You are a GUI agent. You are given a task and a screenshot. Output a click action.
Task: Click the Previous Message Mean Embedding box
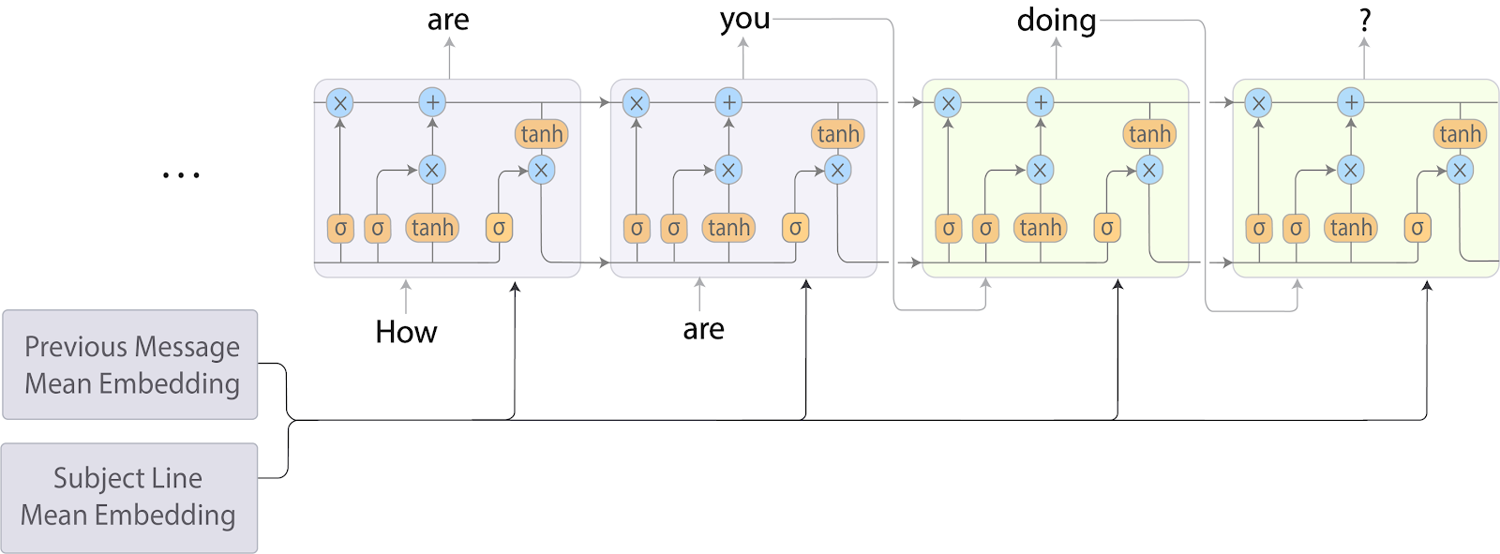click(130, 365)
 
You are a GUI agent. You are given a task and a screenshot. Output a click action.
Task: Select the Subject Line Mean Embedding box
click(128, 497)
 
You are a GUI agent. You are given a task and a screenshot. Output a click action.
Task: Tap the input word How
click(406, 332)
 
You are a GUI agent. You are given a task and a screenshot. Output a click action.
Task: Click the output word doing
click(1057, 20)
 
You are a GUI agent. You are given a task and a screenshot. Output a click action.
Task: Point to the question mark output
click(1365, 20)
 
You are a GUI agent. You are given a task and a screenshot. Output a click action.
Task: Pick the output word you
click(744, 20)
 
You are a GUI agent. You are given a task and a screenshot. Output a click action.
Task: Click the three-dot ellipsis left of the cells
click(181, 175)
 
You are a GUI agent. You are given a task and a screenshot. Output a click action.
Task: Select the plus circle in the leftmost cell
click(432, 102)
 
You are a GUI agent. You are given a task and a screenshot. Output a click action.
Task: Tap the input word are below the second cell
click(703, 329)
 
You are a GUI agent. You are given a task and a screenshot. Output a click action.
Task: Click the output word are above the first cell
click(448, 20)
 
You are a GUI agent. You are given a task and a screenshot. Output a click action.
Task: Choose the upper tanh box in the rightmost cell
click(1460, 134)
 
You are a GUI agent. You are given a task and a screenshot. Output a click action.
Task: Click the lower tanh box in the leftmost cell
click(432, 228)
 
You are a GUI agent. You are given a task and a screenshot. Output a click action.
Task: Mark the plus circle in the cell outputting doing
click(1040, 102)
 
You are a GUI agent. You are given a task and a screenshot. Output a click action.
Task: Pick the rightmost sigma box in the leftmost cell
click(499, 228)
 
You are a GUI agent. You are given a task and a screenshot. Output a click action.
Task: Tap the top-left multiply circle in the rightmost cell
click(1258, 102)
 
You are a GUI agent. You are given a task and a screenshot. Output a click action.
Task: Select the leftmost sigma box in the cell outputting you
click(637, 228)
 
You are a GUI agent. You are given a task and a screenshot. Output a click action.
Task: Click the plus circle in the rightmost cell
click(1350, 102)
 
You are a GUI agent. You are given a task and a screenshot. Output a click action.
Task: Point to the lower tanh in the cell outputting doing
click(1040, 228)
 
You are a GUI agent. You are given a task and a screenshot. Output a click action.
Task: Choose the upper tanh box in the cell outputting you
click(838, 134)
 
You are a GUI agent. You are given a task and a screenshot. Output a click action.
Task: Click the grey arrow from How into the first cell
click(406, 296)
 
